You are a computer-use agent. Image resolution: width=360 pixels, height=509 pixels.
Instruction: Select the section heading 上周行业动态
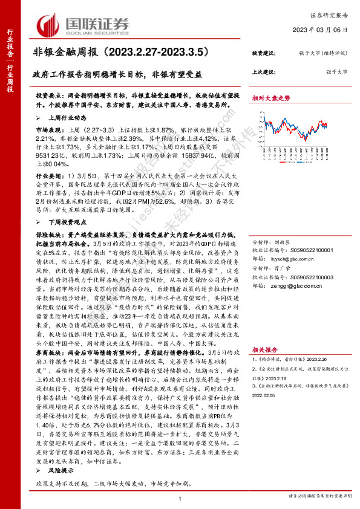[61, 118]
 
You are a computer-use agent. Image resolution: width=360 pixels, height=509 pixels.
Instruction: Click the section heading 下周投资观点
[61, 222]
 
